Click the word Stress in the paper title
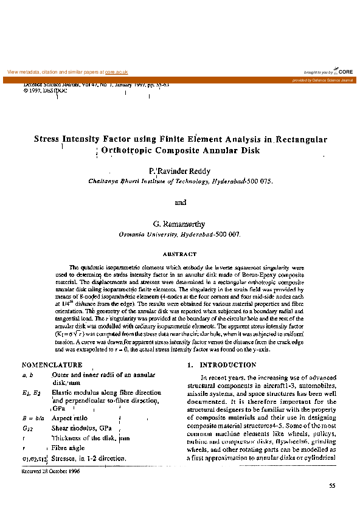[46, 139]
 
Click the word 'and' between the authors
[180, 203]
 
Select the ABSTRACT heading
[180, 254]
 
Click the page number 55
[331, 485]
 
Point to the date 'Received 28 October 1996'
[50, 471]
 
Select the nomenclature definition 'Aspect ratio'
[70, 418]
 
